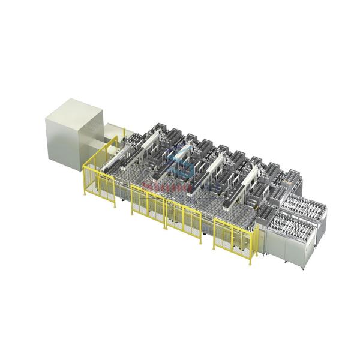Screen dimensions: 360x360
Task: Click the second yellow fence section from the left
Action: (x=147, y=204)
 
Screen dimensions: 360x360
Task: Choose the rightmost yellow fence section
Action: (x=235, y=236)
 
